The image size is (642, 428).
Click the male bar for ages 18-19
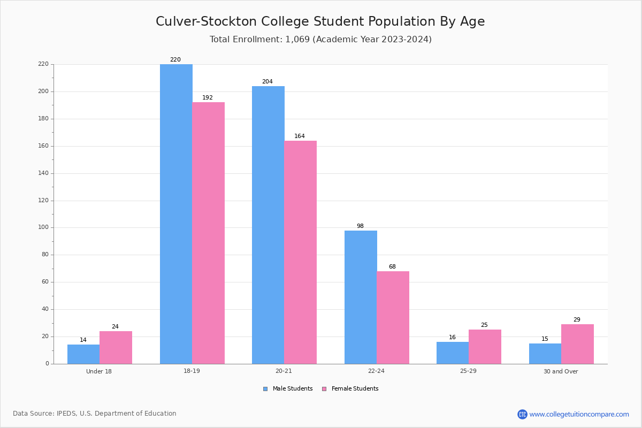[176, 214]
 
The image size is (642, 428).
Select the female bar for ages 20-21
[300, 252]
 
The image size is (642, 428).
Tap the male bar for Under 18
[83, 354]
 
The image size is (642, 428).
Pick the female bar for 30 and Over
[577, 344]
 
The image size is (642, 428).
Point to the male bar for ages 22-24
[361, 297]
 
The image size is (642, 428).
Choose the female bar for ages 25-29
[485, 347]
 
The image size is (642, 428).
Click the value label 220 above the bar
[175, 60]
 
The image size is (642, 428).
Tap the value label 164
[300, 136]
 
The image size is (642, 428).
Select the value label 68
[392, 267]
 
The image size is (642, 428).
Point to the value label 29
[577, 320]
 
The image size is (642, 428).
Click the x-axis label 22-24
[376, 371]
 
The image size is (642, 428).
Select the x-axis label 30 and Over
[561, 371]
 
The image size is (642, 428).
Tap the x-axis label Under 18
[99, 371]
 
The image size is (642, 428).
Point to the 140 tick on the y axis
[43, 173]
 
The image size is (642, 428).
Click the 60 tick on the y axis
[44, 282]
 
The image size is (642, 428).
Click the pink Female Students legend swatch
[324, 389]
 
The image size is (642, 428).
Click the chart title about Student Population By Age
[320, 21]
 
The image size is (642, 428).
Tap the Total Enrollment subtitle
[320, 40]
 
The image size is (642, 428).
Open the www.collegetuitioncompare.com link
[579, 414]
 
